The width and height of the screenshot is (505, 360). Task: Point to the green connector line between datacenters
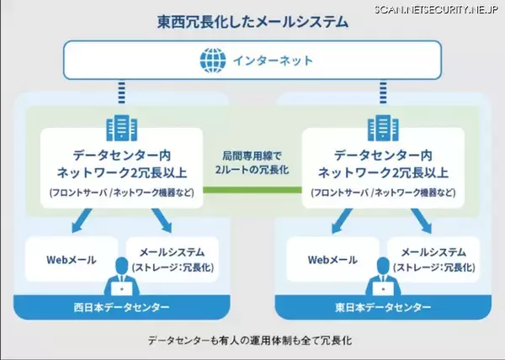pyautogui.click(x=252, y=189)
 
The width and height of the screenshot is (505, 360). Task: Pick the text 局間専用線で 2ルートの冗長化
pyautogui.click(x=252, y=162)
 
